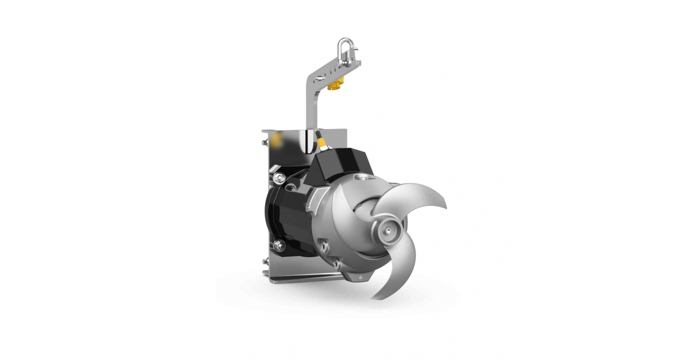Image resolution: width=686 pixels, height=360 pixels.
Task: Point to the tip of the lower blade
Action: [374, 297]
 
